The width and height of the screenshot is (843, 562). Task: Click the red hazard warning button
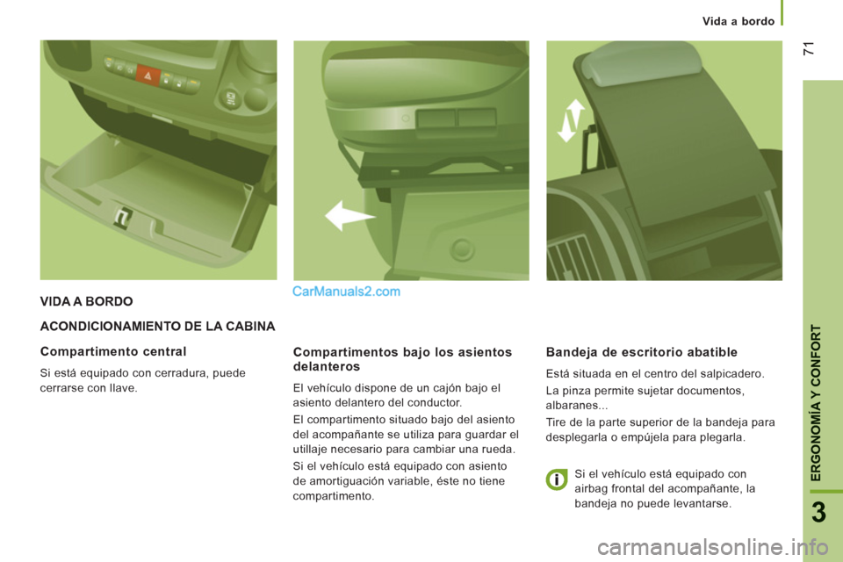coord(148,76)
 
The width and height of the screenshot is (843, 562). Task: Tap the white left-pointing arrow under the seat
coord(349,216)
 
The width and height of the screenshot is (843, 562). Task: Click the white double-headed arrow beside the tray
coord(571,120)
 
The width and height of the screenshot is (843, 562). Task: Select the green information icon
coord(557,479)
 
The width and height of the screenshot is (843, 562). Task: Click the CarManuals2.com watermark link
coord(346,292)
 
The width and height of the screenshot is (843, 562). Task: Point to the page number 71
coord(808,48)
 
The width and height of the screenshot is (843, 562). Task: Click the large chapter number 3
coord(818,513)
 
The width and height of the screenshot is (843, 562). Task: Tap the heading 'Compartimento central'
coord(113,352)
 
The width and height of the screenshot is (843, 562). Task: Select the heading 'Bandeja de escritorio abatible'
coord(641,352)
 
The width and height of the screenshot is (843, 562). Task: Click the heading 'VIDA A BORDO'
coord(87,302)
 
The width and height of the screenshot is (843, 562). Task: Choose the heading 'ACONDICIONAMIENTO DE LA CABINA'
coord(157,327)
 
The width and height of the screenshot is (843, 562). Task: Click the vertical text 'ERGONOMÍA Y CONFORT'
coord(816,403)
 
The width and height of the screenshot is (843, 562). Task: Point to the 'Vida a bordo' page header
coord(739,21)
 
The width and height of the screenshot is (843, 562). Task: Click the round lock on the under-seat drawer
coord(462,249)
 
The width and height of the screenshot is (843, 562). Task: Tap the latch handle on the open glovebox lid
coord(123,218)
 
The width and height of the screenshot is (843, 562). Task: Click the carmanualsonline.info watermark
coord(712,548)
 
